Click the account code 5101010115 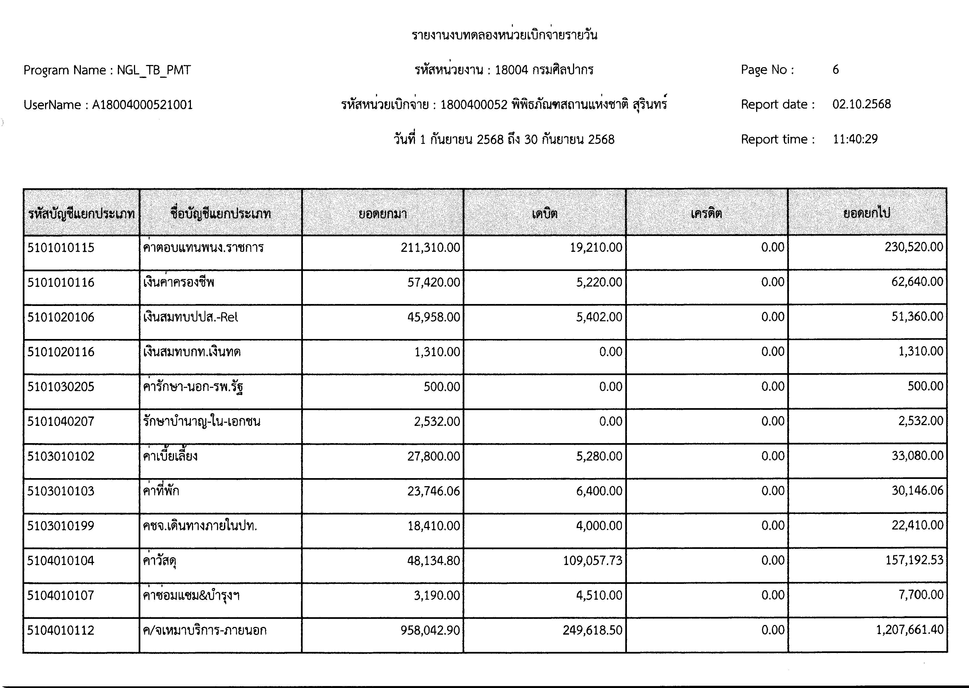[x=61, y=248]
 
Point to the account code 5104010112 [x=61, y=630]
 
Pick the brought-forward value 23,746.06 [x=434, y=491]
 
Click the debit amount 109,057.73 [x=592, y=561]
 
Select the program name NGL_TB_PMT [x=153, y=70]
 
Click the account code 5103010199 [x=61, y=526]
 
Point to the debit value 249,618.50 [x=592, y=630]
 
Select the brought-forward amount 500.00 [x=442, y=387]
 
